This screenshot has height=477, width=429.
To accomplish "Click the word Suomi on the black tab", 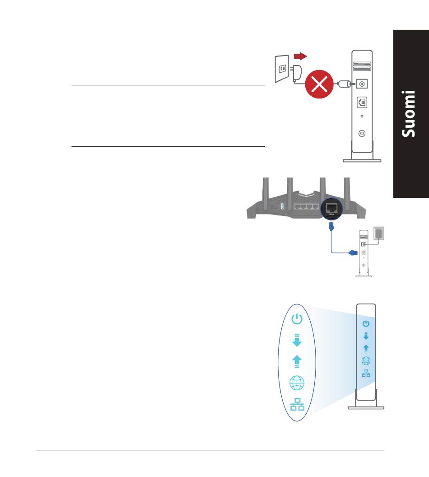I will pos(410,114).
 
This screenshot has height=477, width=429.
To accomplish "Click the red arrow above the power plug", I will pos(300,56).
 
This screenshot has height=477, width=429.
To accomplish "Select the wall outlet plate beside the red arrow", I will pos(281,69).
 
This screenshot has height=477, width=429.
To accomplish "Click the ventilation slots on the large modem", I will pos(361,67).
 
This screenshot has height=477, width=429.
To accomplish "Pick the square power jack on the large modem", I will pos(362,84).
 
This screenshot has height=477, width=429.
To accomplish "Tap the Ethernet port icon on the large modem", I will pos(362,102).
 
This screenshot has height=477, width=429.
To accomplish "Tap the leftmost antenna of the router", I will pos(265,190).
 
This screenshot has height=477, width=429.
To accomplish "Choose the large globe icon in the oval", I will pos(296,383).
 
